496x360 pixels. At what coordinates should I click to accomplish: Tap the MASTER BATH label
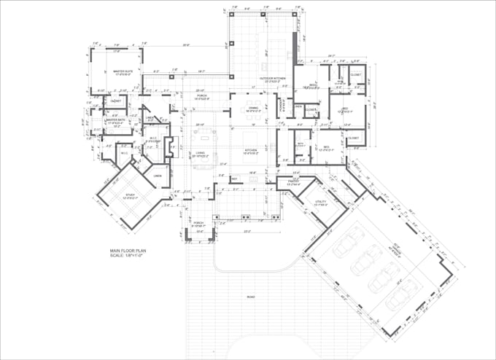[x=117, y=120]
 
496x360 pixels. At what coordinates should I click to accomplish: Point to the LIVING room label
[x=200, y=153]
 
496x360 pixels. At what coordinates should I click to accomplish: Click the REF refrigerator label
[x=234, y=178]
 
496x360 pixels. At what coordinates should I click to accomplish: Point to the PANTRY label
[x=294, y=183]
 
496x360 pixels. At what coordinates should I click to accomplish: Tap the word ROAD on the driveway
[x=251, y=297]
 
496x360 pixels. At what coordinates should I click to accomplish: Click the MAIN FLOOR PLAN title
[x=128, y=249]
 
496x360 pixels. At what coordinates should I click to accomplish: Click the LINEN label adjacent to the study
[x=158, y=175]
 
